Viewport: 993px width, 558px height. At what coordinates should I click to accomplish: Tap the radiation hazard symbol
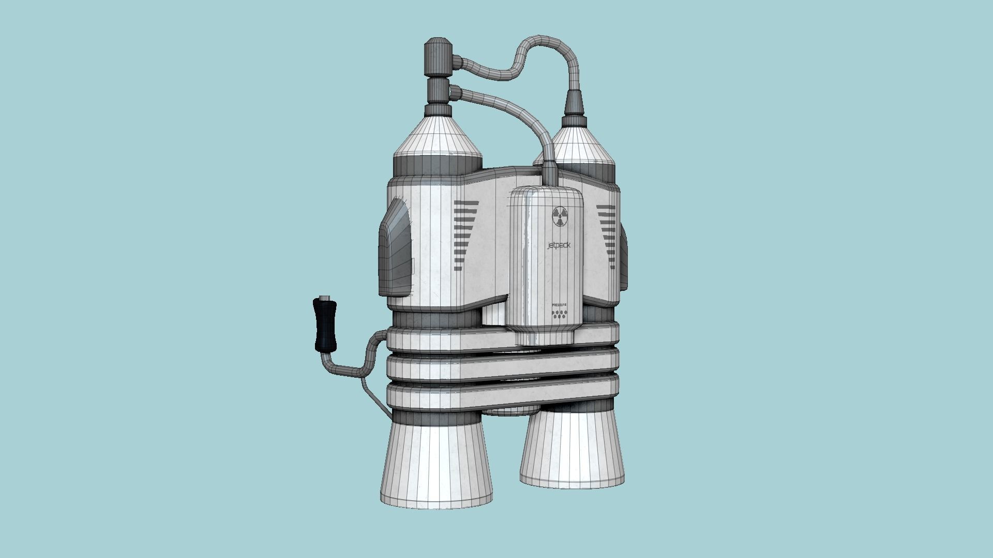(x=560, y=216)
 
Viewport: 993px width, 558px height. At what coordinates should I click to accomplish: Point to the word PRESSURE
(x=560, y=305)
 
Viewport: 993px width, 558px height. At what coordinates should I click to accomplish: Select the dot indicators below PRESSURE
(x=560, y=315)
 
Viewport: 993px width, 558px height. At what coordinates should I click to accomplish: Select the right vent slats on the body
(x=606, y=236)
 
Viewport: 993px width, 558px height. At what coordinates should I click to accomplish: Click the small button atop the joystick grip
(x=324, y=297)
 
